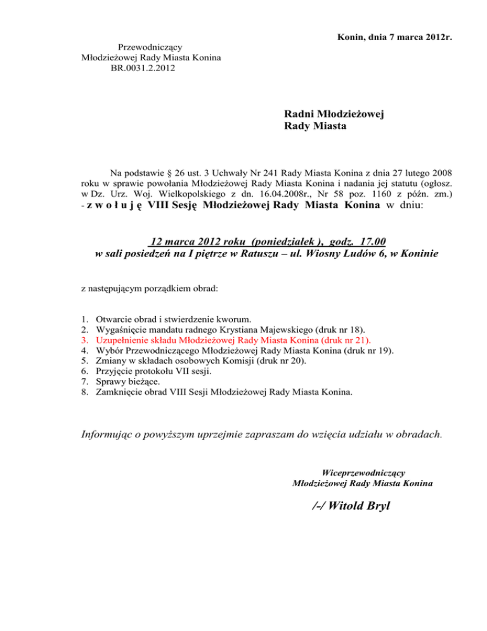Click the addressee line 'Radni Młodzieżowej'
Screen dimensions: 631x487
pyautogui.click(x=335, y=114)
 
